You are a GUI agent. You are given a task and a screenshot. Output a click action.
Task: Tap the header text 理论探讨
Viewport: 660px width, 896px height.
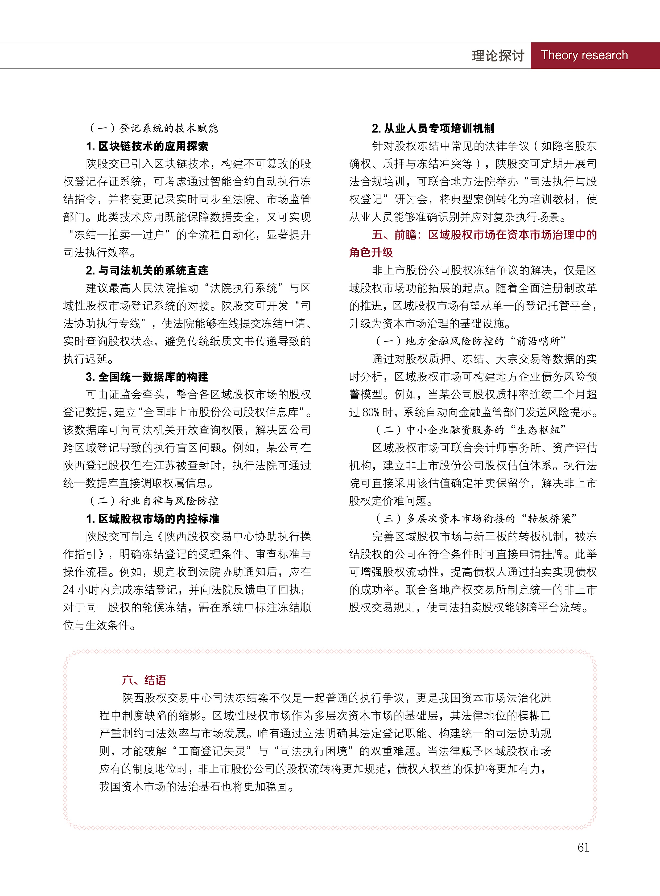point(498,56)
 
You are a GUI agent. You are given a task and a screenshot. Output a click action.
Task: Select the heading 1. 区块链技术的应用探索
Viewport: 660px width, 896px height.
point(147,146)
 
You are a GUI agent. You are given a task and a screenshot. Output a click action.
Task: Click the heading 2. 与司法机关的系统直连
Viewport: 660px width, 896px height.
point(147,270)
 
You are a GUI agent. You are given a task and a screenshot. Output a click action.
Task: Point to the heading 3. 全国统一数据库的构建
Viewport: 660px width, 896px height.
point(147,377)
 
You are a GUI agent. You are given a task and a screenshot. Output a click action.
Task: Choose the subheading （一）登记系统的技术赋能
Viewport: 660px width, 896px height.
point(153,128)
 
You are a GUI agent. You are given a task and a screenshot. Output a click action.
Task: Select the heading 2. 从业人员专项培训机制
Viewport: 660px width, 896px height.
point(433,128)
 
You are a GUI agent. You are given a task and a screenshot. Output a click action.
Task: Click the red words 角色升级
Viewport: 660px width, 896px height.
point(371,253)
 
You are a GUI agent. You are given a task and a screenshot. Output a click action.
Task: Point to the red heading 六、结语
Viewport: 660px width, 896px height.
point(144,680)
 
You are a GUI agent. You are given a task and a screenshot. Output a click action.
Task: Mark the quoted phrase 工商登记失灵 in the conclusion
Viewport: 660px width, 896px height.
point(212,751)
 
